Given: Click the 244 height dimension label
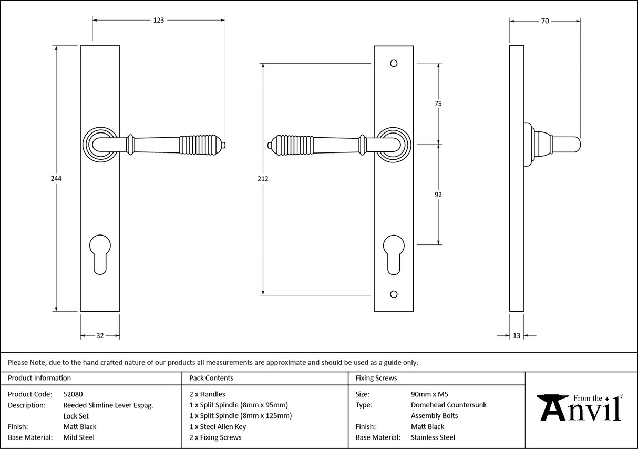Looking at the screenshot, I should click(56, 179).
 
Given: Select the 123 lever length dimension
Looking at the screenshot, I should click(159, 21).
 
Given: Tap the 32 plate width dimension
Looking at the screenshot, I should click(100, 336).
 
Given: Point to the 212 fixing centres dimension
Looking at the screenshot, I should click(263, 179).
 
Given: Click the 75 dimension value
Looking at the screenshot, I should click(438, 104).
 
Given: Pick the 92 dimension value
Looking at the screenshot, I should click(438, 195).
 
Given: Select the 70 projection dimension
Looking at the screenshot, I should click(545, 21).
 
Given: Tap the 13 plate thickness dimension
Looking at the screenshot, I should click(517, 336).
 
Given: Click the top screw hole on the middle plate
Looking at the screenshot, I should click(394, 64).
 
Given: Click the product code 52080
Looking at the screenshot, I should click(73, 394).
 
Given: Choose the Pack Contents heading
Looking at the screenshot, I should click(211, 378).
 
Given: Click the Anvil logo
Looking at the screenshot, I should click(581, 407).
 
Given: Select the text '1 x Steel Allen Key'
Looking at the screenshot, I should click(218, 426).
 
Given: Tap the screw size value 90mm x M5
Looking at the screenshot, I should click(429, 394).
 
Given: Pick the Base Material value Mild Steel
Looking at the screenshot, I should click(79, 437).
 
